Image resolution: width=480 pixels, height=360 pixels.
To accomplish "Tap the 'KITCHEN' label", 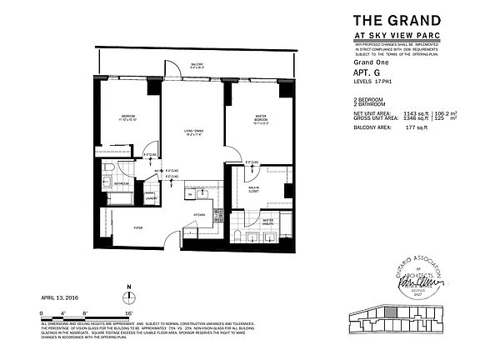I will click(x=199, y=215).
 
